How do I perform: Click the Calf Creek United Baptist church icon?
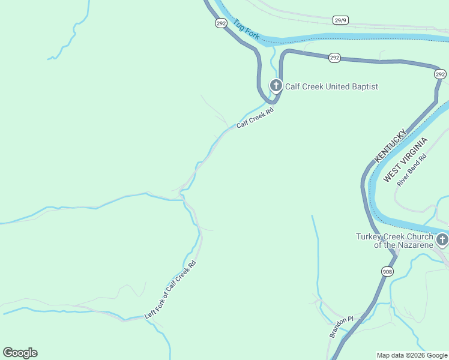pyautogui.click(x=276, y=86)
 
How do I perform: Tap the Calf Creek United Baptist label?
pyautogui.click(x=331, y=86)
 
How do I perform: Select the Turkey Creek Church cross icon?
pyautogui.click(x=442, y=241)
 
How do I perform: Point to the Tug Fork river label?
pyautogui.click(x=247, y=30)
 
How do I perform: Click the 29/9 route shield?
pyautogui.click(x=341, y=20)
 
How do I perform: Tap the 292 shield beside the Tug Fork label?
pyautogui.click(x=221, y=23)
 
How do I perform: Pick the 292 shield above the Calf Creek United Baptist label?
pyautogui.click(x=335, y=58)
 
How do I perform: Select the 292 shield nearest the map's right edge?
pyautogui.click(x=440, y=74)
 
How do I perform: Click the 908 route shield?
pyautogui.click(x=388, y=271)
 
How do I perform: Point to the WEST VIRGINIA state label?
pyautogui.click(x=406, y=160)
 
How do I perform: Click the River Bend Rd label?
pyautogui.click(x=412, y=170)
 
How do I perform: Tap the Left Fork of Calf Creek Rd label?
pyautogui.click(x=170, y=290)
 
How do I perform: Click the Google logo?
pyautogui.click(x=20, y=353)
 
